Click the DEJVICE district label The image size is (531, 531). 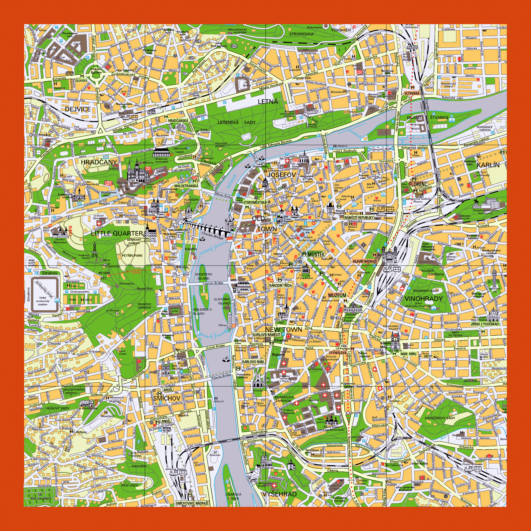(x=78, y=109)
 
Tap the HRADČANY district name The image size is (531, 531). (x=99, y=162)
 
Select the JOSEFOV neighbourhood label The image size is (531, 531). (x=281, y=175)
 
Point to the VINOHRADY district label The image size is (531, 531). (x=424, y=299)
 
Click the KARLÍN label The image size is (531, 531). (x=488, y=165)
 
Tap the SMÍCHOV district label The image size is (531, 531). (x=167, y=398)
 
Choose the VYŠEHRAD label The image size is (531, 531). (x=280, y=494)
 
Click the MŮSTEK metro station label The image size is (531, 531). (x=316, y=254)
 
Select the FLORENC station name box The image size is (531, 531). (x=418, y=184)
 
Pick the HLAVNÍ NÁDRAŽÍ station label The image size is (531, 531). (x=365, y=261)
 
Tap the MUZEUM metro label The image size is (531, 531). (x=337, y=296)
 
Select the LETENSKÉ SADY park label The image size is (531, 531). (x=236, y=122)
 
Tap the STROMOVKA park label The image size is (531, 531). (x=301, y=34)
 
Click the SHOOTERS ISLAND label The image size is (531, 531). (x=203, y=276)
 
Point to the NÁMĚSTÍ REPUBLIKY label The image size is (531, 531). (x=359, y=218)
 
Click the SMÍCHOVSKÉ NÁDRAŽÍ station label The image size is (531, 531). (x=192, y=503)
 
